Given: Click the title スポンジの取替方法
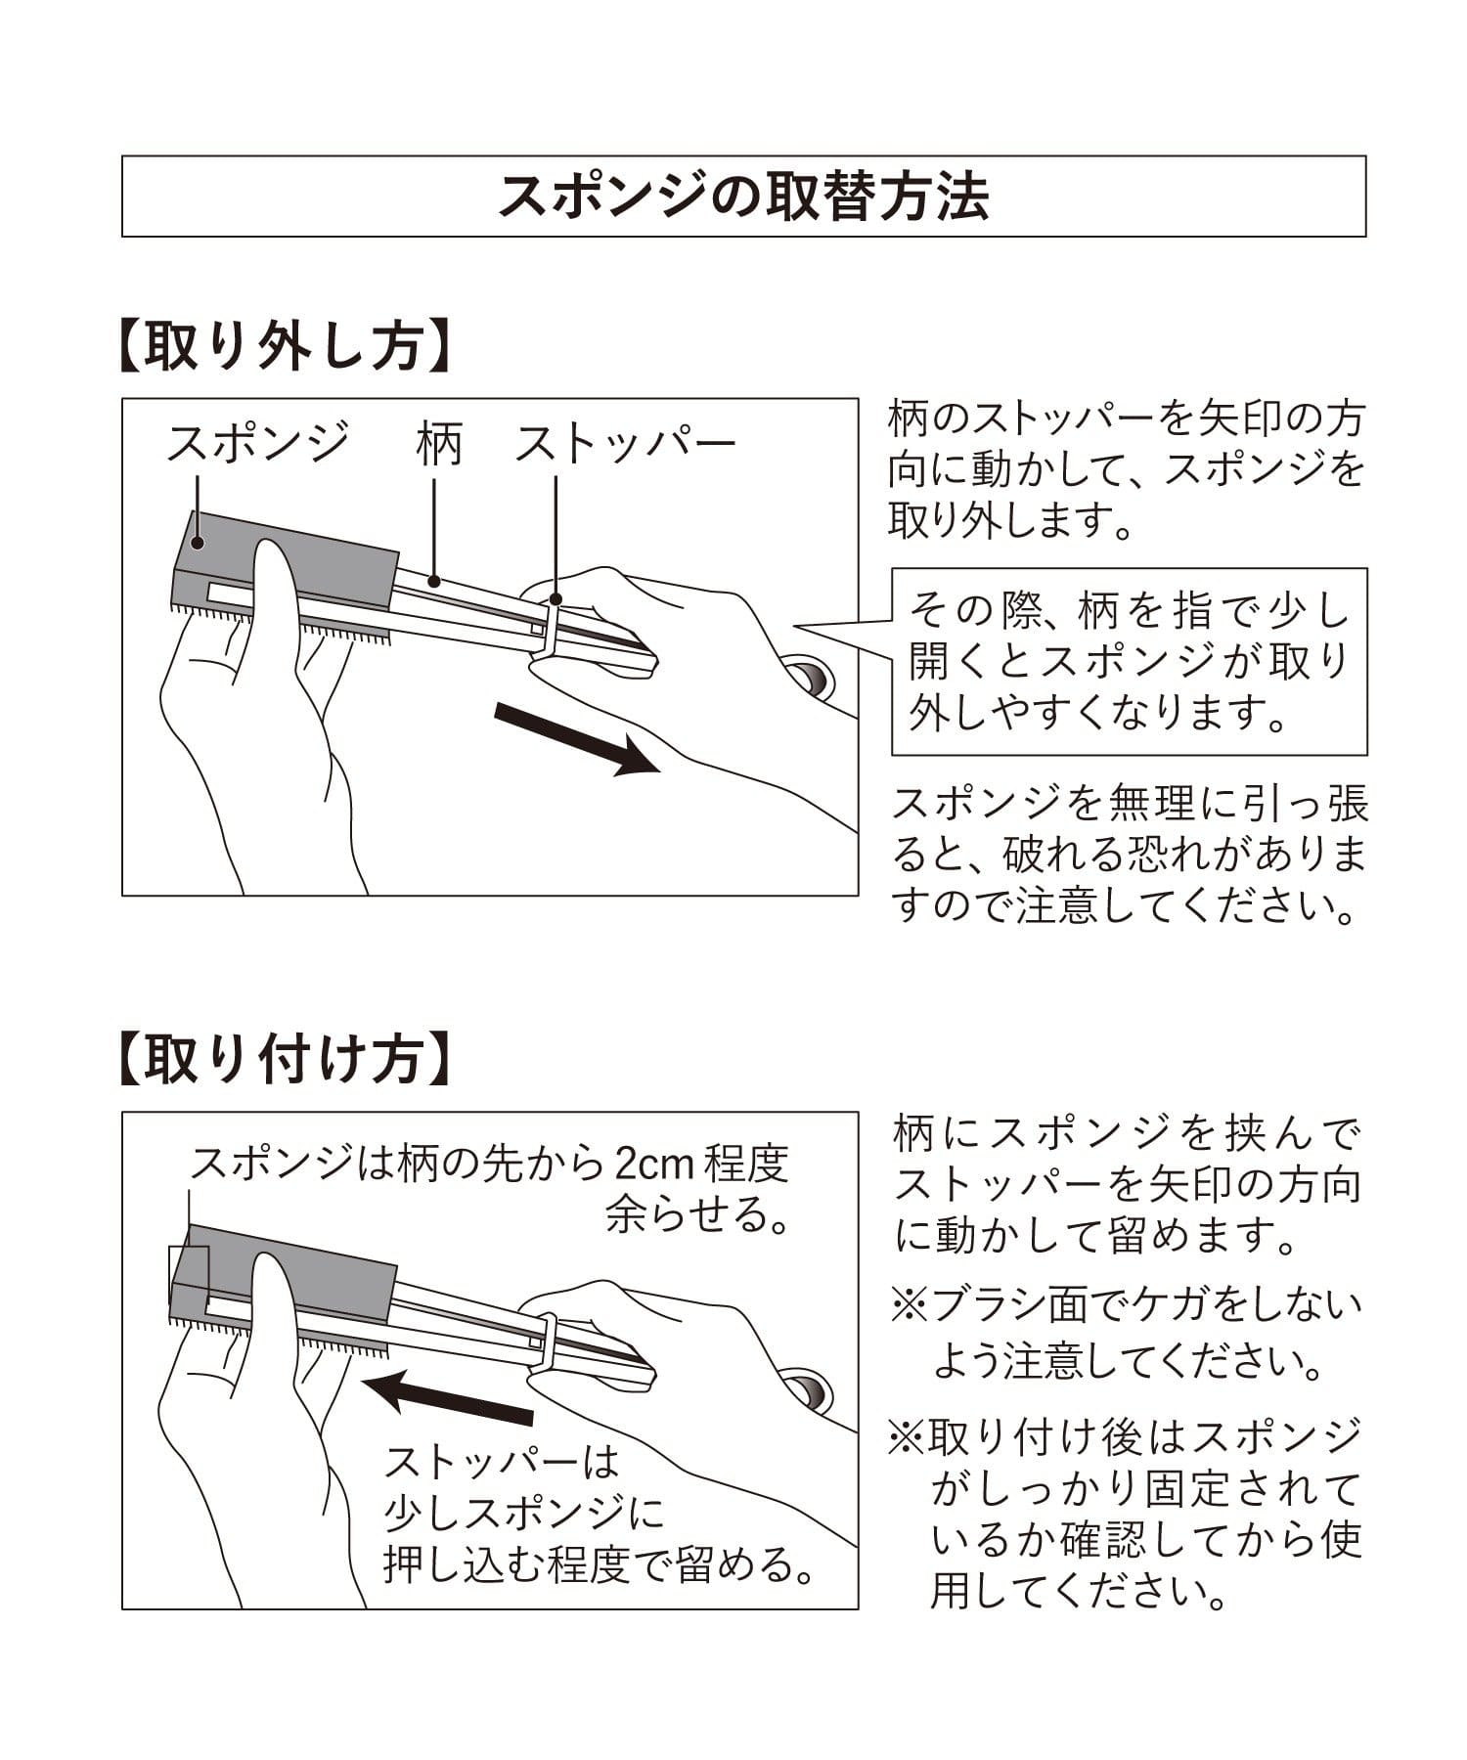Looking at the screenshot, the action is pyautogui.click(x=743, y=197).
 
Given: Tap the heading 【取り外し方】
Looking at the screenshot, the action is pyautogui.click(x=284, y=344).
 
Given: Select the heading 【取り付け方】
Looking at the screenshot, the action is pyautogui.click(x=284, y=1059).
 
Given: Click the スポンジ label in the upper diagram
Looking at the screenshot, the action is pyautogui.click(x=257, y=443).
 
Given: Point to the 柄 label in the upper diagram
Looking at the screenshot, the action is pyautogui.click(x=437, y=444).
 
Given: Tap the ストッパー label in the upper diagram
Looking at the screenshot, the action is pyautogui.click(x=625, y=444).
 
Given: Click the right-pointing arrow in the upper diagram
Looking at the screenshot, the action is pyautogui.click(x=577, y=738).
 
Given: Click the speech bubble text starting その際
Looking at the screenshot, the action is pyautogui.click(x=1130, y=662).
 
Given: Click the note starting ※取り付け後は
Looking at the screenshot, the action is pyautogui.click(x=1125, y=1516).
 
